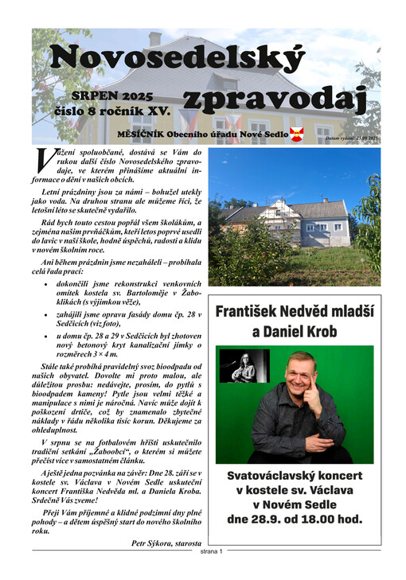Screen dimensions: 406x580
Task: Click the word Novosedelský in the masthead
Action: [177, 59]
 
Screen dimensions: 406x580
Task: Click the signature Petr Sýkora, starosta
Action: [166, 543]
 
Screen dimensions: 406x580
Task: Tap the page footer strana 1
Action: [211, 551]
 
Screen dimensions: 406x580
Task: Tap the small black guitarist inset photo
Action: [244, 366]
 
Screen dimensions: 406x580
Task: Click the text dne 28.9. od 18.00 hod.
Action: [294, 520]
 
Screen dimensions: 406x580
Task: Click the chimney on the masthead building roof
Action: [154, 38]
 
